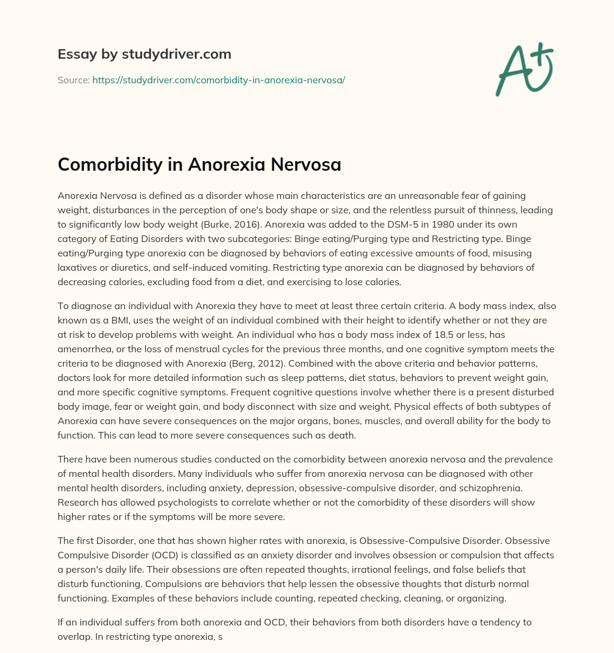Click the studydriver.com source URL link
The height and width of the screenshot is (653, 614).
[218, 80]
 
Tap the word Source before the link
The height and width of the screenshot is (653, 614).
[73, 80]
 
